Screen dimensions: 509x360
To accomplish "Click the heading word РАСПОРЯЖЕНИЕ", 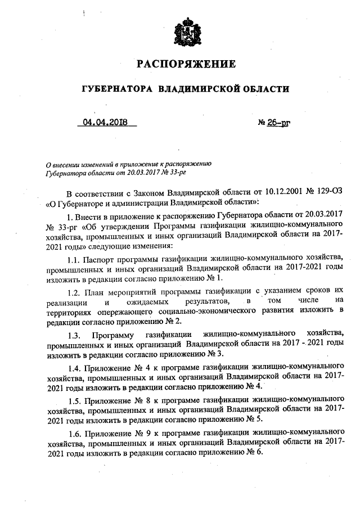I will (186, 64).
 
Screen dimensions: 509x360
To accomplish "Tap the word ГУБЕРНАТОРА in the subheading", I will (118, 89).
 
